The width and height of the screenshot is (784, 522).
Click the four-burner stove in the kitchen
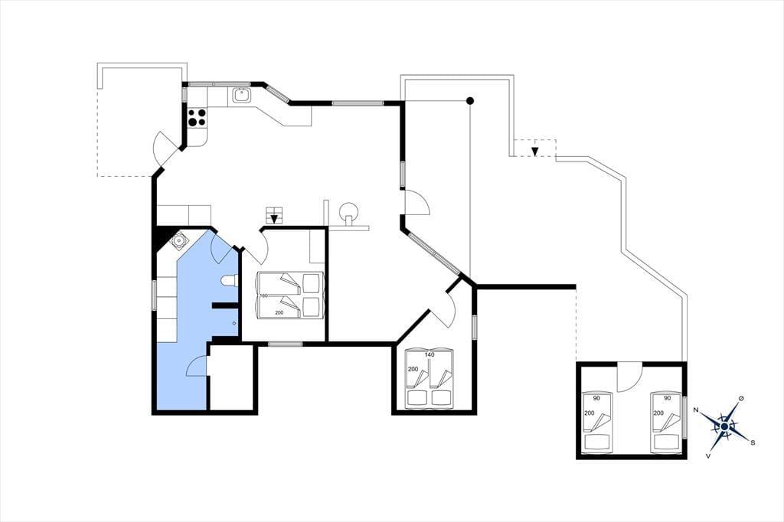[196, 117]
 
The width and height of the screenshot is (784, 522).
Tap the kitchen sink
[241, 95]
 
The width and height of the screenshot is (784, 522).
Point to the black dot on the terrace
[470, 101]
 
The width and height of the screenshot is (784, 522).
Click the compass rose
[724, 426]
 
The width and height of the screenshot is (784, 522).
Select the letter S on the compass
[753, 443]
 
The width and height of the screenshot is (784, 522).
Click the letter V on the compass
[708, 455]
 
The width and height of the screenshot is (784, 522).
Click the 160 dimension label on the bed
[263, 295]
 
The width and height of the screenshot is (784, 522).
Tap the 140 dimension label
[430, 354]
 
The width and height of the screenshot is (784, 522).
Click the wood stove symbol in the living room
[348, 211]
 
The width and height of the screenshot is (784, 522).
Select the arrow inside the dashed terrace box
[535, 151]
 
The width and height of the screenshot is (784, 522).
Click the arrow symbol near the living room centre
[273, 218]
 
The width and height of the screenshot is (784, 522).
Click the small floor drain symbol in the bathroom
[234, 324]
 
